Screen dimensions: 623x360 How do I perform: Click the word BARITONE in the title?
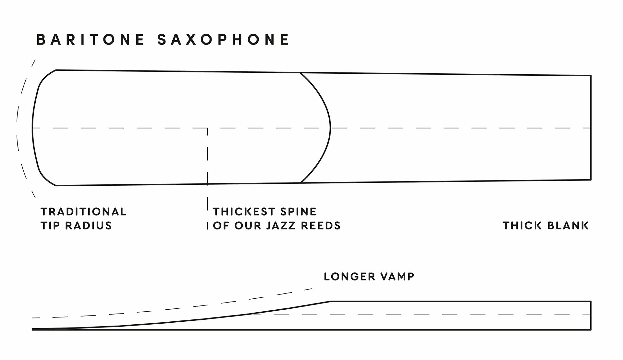[x=91, y=40]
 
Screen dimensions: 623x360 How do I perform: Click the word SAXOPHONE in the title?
[x=223, y=40]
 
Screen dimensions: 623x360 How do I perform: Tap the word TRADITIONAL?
[x=83, y=212]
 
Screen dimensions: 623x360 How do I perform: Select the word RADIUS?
[x=89, y=226]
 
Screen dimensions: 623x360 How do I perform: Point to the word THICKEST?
[x=244, y=212]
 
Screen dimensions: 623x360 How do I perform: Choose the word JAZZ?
[x=281, y=226]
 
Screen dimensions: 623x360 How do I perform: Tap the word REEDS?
[x=321, y=226]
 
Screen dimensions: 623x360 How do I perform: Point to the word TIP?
[x=50, y=226]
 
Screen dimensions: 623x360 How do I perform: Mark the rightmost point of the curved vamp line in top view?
[x=330, y=128]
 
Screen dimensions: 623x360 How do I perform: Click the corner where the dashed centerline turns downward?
[x=207, y=128]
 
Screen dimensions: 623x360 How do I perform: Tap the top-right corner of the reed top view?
[x=591, y=76]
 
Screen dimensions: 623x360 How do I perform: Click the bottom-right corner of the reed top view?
[x=591, y=180]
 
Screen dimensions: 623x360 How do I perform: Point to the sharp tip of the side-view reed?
[x=32, y=329]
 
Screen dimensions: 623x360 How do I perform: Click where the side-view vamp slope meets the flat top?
[x=331, y=301]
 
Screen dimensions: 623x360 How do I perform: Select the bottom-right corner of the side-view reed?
[x=591, y=330]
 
